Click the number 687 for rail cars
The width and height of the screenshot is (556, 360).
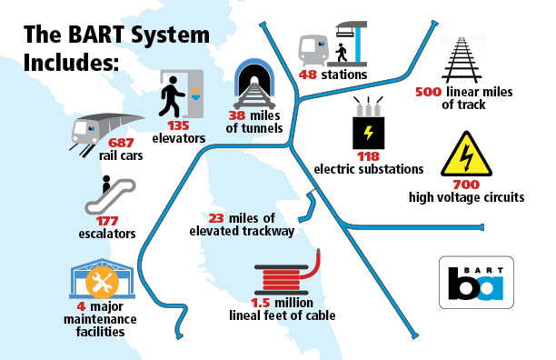pyautogui.click(x=121, y=143)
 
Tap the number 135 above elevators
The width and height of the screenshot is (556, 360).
pyautogui.click(x=177, y=127)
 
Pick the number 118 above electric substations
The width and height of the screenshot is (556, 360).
pyautogui.click(x=367, y=156)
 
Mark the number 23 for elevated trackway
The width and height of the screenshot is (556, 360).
pyautogui.click(x=217, y=218)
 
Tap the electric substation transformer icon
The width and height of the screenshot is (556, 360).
pyautogui.click(x=368, y=127)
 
